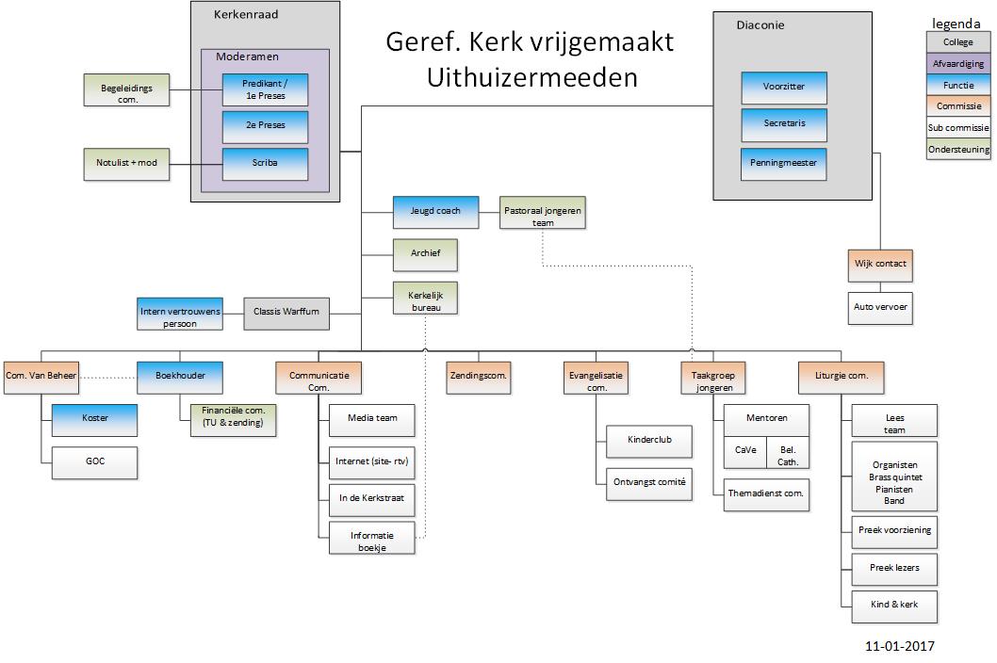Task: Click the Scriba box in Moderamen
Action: pos(265,164)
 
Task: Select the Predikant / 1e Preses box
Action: pos(265,89)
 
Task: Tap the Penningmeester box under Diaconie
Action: pos(783,164)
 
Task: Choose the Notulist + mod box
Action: pos(126,164)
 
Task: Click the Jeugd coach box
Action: pos(435,212)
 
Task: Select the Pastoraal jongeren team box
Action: pos(543,212)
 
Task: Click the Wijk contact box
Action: pos(879,265)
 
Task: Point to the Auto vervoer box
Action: pos(879,308)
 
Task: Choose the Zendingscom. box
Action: pos(478,377)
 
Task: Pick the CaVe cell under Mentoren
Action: pos(745,451)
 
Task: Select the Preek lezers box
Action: pos(894,568)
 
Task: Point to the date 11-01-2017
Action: pos(898,647)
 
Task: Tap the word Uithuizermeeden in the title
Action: pos(531,78)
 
